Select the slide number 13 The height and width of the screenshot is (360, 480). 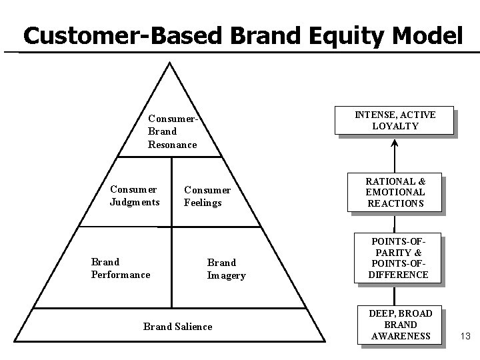pos(465,335)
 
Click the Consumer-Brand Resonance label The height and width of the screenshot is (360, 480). pos(172,131)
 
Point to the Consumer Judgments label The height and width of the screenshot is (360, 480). pos(135,195)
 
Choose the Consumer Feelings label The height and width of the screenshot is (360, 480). pos(207,196)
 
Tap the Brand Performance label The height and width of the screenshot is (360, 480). pos(120,268)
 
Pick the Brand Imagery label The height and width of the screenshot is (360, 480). pos(226,269)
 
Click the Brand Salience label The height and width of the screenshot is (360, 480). pos(178,326)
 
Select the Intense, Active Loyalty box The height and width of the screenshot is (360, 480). pos(395,120)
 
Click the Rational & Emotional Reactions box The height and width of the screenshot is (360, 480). pos(395,192)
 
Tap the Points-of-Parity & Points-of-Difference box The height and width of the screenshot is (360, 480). pos(398,257)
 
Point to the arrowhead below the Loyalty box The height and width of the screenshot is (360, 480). pos(395,143)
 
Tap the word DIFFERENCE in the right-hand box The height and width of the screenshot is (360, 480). pos(398,275)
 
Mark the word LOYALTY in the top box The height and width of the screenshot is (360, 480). pos(395,126)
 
